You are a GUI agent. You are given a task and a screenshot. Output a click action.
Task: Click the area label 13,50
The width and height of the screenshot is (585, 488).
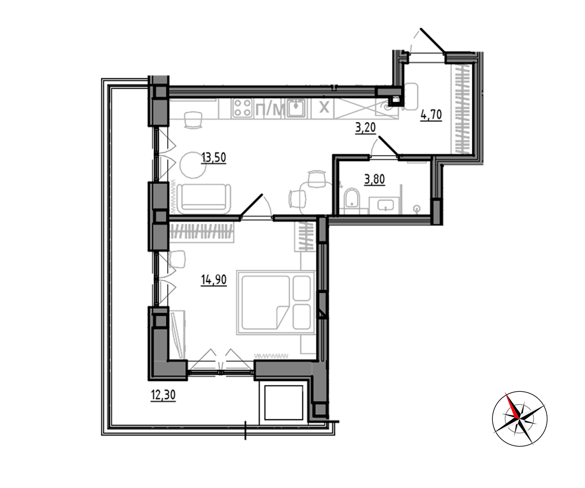(x=214, y=158)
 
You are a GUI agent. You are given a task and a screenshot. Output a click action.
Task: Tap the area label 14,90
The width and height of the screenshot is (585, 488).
(x=214, y=280)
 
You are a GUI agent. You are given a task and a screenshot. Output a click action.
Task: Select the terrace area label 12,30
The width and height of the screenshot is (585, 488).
(x=163, y=395)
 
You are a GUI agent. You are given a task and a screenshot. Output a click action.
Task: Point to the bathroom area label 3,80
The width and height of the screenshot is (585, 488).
(x=374, y=179)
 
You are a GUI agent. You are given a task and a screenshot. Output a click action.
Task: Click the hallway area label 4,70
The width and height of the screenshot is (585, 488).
(x=431, y=115)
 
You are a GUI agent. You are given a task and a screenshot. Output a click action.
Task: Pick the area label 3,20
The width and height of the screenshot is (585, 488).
(x=365, y=128)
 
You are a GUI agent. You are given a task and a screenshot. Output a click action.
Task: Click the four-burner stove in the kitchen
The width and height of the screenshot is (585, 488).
(x=243, y=108)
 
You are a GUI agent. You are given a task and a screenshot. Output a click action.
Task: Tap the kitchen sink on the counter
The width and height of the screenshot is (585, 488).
(x=296, y=108)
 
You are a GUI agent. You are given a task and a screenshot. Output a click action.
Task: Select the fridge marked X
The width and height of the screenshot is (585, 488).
(x=324, y=108)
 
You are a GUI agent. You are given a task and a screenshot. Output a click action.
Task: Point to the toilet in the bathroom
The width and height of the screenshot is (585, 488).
(x=351, y=198)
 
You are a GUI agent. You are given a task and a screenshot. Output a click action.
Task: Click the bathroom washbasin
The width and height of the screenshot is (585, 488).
(x=386, y=205)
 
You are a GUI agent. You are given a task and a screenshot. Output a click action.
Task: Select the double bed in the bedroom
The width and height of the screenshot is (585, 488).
(x=276, y=303)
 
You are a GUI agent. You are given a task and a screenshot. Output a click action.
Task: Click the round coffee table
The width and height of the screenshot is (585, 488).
(x=193, y=165)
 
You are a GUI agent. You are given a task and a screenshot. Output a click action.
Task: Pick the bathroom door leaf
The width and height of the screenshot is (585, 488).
(x=389, y=145)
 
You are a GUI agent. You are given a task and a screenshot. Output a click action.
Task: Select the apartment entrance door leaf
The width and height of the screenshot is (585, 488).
(x=432, y=41)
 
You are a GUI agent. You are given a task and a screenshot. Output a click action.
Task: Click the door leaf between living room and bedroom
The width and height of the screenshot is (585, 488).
(x=252, y=205)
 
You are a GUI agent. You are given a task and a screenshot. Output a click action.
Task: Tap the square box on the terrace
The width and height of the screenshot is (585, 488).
(x=284, y=403)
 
